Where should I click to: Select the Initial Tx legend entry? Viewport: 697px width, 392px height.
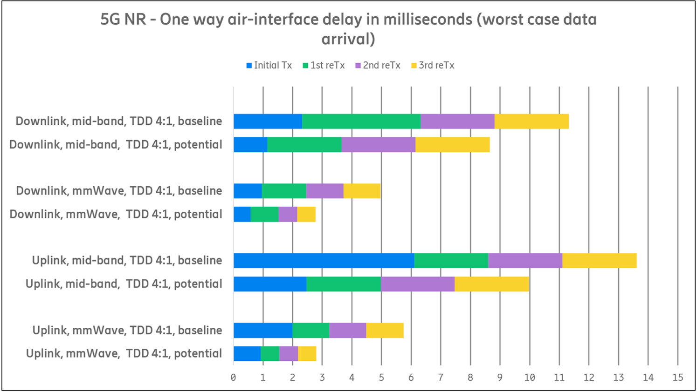[269, 66]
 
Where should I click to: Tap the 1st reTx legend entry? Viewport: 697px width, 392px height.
[324, 66]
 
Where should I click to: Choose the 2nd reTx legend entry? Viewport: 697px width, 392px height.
[378, 66]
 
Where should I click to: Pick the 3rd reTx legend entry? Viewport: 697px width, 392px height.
[433, 66]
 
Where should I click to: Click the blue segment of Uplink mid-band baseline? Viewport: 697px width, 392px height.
[324, 261]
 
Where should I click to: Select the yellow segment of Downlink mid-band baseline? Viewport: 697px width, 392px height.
[531, 121]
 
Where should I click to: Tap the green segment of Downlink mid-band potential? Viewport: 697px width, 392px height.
[304, 144]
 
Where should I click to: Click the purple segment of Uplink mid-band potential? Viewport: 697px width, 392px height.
[417, 284]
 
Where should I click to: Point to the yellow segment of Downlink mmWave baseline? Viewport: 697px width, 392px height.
[362, 191]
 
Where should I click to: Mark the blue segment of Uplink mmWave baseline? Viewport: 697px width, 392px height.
[262, 331]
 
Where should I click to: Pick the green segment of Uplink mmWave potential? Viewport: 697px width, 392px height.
[269, 354]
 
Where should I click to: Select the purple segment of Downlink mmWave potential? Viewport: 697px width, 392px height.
[288, 214]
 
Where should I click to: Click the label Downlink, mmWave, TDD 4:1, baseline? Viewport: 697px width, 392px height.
[119, 191]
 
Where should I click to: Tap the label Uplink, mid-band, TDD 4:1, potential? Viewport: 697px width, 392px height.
[124, 284]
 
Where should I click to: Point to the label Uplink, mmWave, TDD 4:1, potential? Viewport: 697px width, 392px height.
[124, 354]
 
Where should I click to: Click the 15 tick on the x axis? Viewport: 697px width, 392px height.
[677, 378]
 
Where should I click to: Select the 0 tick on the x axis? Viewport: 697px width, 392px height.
[233, 378]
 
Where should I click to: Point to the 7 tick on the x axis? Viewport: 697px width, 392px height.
[441, 378]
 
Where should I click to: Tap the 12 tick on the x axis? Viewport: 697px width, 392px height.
[589, 378]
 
